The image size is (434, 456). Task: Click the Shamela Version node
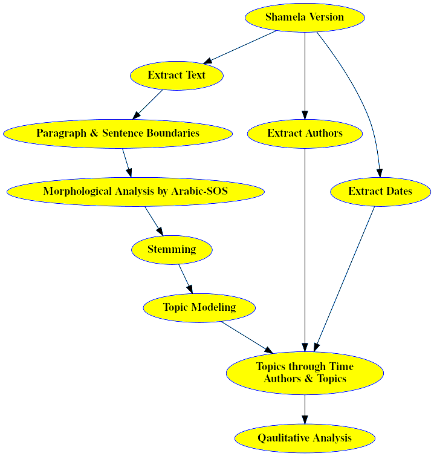point(305,17)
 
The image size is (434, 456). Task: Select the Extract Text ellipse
point(177,76)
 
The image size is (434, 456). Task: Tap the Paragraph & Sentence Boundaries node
point(118,134)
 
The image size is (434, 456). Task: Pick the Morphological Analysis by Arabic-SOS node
point(135,192)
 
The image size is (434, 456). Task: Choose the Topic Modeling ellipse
point(199,308)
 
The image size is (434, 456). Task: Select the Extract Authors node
point(305,134)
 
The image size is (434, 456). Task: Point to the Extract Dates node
point(380,192)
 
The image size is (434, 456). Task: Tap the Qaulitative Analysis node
point(305,438)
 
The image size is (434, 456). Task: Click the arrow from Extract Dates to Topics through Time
point(345,278)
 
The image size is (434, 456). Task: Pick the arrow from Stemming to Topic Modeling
point(185,279)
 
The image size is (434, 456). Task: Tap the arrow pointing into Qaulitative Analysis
point(305,409)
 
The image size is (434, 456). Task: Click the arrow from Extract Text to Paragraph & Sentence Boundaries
point(147,104)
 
